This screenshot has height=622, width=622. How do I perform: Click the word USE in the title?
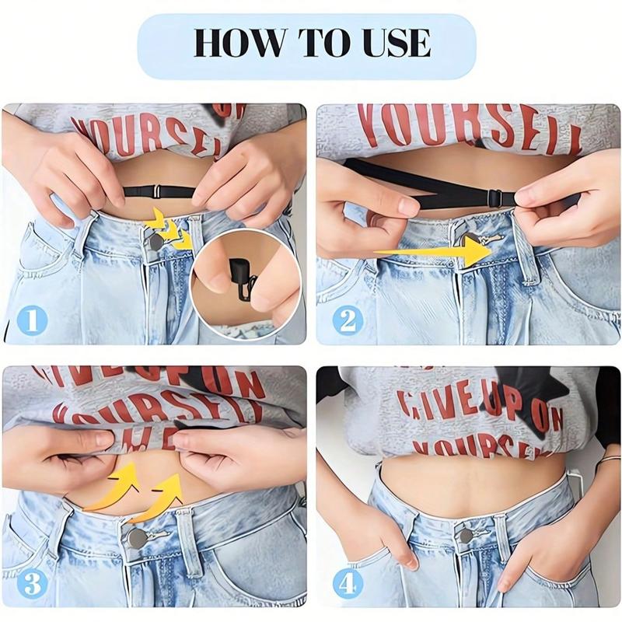393,43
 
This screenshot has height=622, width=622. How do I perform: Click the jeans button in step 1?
156,243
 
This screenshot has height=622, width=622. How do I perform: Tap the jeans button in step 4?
465,536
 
